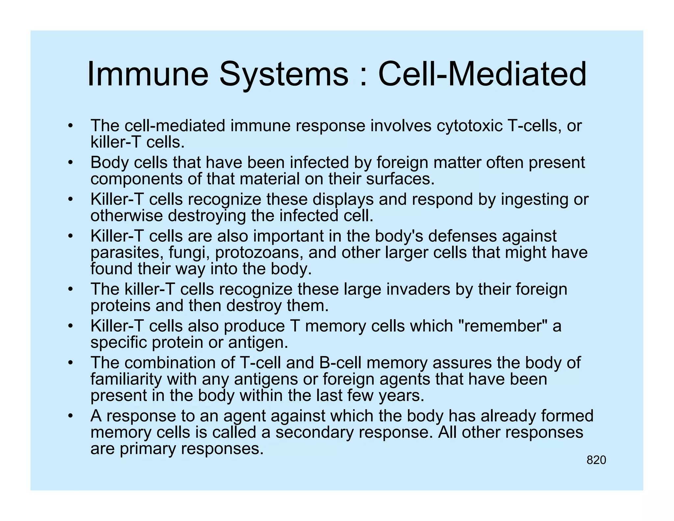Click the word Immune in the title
pyautogui.click(x=148, y=74)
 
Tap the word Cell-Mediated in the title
pyautogui.click(x=482, y=74)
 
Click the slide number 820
pyautogui.click(x=596, y=460)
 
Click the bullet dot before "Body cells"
pyautogui.click(x=70, y=163)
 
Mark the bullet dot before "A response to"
pyautogui.click(x=70, y=416)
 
